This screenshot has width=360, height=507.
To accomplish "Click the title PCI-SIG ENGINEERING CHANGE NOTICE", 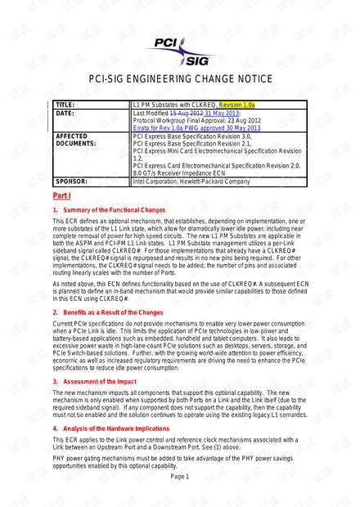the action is click(x=179, y=79).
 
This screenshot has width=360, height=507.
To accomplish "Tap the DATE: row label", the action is click(x=64, y=113).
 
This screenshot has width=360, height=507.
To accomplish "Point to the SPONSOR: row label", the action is click(x=71, y=182).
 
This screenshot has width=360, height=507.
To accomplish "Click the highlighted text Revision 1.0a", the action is click(x=236, y=105).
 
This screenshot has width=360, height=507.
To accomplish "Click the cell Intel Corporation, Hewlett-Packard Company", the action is click(x=191, y=182).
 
